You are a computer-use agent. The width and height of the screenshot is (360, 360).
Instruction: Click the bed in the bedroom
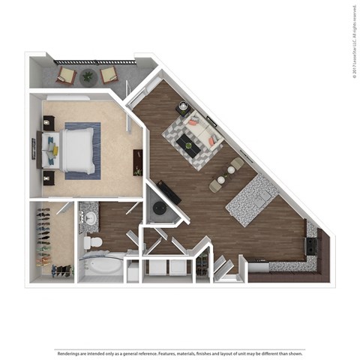tap(75, 150)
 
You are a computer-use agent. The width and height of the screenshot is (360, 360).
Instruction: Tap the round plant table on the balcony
tap(88, 75)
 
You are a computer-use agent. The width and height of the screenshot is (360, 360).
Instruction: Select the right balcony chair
tap(109, 73)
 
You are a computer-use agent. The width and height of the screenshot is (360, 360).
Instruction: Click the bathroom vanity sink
tap(91, 218)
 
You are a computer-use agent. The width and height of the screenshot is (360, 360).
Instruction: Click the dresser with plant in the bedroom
tap(138, 161)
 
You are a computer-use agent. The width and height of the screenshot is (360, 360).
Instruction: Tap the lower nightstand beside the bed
tap(49, 178)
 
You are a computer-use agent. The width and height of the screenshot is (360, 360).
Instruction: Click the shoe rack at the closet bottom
tap(61, 271)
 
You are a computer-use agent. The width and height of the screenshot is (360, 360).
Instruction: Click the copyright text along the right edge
tap(353, 41)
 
